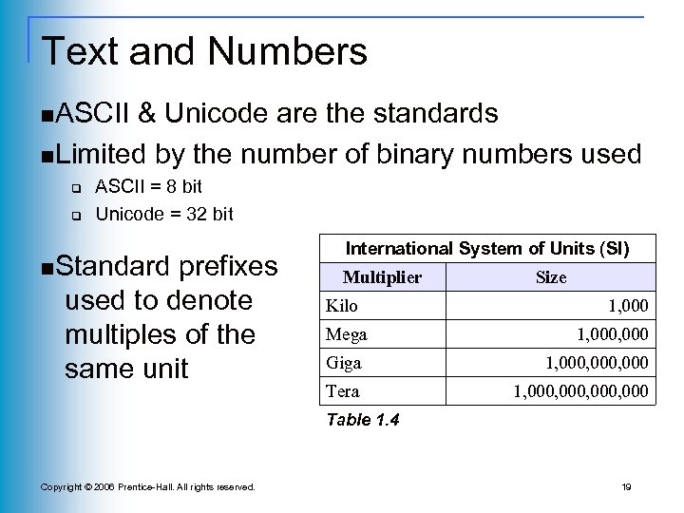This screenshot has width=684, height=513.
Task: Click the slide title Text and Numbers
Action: coord(205,51)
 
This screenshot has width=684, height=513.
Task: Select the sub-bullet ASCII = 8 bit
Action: coord(149,187)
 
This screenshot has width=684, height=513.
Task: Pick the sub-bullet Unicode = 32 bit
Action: coord(164,214)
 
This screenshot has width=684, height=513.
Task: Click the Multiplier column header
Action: coord(381,277)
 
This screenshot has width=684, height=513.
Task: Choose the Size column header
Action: coord(551,277)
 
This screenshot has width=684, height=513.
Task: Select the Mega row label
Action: coord(346,335)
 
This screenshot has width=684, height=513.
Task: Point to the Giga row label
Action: coord(344,363)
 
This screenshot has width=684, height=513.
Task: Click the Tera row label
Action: coord(342,390)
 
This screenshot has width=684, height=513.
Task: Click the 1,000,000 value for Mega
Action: coord(613,335)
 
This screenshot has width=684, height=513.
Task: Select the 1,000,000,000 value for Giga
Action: coord(597,363)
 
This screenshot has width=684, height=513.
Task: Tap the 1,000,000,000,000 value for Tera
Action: coord(581,390)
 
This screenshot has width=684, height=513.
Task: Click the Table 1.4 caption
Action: coord(362,419)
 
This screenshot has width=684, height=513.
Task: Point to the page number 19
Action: coord(626,486)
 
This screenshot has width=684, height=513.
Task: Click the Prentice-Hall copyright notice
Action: coord(147,486)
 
